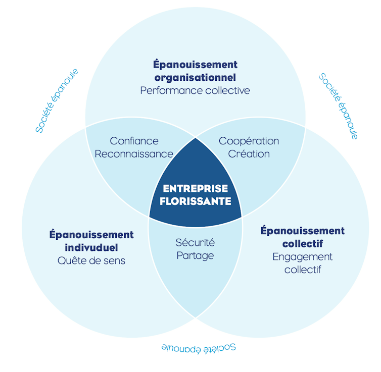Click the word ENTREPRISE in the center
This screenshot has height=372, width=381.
[x=195, y=189]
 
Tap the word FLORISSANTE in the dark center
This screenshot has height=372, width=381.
[x=195, y=201]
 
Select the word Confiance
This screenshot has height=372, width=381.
[x=134, y=141]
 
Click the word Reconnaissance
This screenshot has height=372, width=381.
[x=134, y=154]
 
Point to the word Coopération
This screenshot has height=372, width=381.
[x=249, y=141]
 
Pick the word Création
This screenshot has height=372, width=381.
[x=249, y=154]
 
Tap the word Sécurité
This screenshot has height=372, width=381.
[x=195, y=242]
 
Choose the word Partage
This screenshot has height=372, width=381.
[x=195, y=255]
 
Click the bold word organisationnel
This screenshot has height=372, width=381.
[x=195, y=78]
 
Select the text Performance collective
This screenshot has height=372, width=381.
[x=195, y=91]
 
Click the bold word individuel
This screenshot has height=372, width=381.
[x=91, y=248]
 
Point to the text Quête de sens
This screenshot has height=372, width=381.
[x=91, y=261]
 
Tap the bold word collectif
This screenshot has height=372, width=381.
[x=303, y=244]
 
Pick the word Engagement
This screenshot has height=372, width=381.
[x=303, y=257]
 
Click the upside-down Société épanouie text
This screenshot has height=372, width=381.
[x=199, y=348]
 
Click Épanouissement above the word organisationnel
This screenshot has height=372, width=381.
[x=195, y=65]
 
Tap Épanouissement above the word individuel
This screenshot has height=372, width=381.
[x=91, y=235]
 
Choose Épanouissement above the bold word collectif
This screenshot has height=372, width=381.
[x=303, y=231]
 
